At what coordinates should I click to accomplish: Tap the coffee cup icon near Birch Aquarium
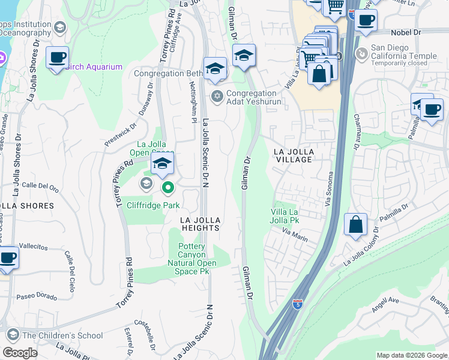57,58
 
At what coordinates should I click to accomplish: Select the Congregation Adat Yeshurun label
251,97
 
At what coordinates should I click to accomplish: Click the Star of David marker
217,96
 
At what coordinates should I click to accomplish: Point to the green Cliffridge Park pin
168,188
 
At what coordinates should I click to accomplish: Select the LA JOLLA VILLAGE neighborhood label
294,155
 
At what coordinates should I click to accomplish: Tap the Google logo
20,353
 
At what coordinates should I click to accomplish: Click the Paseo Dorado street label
37,296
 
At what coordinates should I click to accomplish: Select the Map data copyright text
411,355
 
